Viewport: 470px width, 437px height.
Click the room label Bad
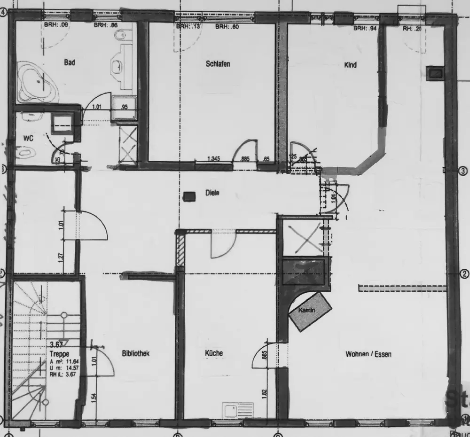pos(70,62)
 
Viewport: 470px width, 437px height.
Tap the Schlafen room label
pos(218,63)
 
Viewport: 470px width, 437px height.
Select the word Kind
pos(350,65)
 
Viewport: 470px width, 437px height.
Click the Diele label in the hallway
pos(212,192)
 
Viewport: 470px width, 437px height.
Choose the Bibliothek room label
pos(135,353)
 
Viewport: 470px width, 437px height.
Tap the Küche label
pos(213,353)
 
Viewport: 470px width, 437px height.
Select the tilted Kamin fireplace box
pos(310,311)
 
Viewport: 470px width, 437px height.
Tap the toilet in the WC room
pos(26,152)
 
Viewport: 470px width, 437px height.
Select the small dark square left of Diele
pos(189,196)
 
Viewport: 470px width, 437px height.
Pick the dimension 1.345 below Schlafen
pos(214,159)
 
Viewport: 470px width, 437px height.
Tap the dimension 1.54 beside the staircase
pos(94,398)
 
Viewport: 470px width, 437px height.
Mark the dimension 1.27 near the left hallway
pos(61,258)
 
